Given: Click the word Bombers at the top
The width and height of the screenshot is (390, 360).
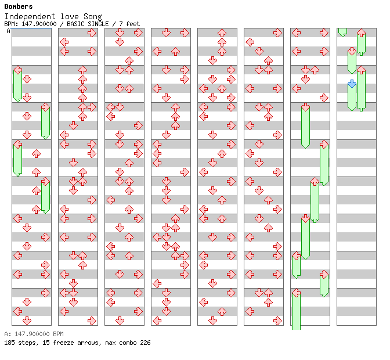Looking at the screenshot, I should (19, 6).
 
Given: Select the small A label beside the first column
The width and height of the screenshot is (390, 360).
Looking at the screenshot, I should (9, 31).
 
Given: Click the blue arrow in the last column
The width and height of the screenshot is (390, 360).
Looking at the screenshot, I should (352, 84).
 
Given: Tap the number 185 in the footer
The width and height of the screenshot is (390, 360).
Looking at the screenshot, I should (9, 343).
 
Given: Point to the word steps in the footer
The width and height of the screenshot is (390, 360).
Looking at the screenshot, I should (27, 343).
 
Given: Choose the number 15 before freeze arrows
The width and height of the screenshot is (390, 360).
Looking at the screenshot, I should (45, 343).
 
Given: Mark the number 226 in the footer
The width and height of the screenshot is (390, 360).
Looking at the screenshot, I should (145, 343).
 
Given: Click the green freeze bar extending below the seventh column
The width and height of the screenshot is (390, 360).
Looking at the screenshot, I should (296, 314).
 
